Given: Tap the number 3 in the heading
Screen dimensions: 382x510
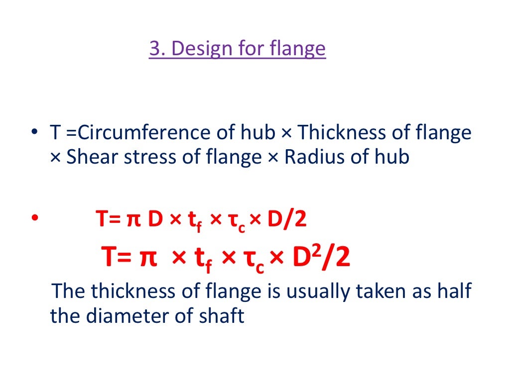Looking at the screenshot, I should (x=154, y=49).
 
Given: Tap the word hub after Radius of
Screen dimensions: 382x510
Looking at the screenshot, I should (x=393, y=157).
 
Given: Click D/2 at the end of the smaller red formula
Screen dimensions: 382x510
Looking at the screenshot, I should (x=286, y=219).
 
